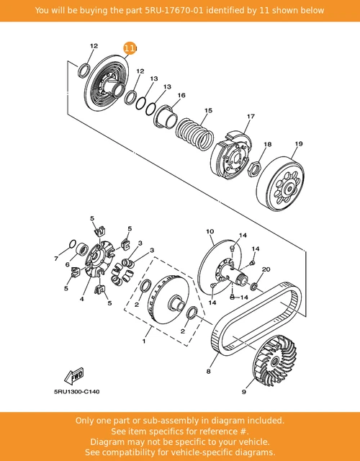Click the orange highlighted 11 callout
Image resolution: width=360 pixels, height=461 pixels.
[x=130, y=48]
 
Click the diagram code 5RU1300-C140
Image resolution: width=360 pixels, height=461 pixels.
[x=76, y=391]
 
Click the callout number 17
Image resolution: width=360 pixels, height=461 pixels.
[x=251, y=116]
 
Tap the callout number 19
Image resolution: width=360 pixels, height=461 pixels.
[x=298, y=144]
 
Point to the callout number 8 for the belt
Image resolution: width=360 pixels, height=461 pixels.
[x=209, y=372]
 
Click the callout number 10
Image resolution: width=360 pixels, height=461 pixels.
[x=210, y=232]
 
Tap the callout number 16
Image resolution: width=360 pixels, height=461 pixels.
[x=181, y=95]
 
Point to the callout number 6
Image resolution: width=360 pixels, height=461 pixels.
[x=67, y=264]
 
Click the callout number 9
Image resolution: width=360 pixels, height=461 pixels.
[x=243, y=393]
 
